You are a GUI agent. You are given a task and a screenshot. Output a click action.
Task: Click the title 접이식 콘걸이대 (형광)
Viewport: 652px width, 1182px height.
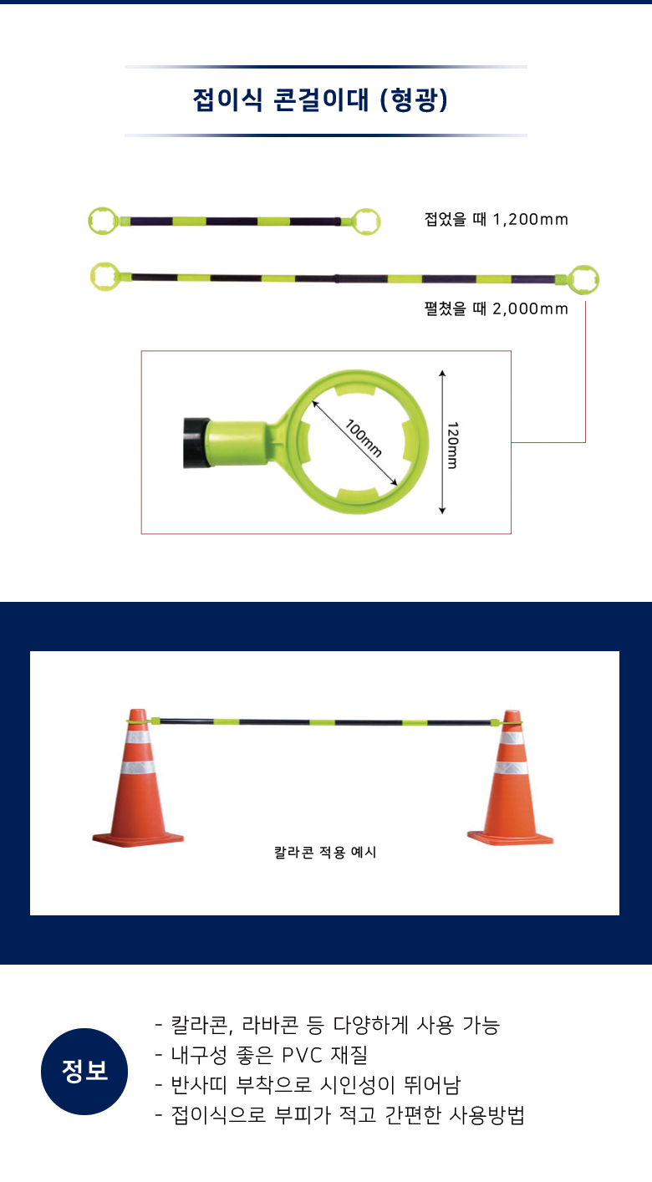[x=320, y=99]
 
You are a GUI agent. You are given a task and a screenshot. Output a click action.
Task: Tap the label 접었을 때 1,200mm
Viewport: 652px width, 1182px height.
[x=497, y=219]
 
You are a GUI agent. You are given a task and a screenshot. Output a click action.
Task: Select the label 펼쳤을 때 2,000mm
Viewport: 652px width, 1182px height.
[x=497, y=308]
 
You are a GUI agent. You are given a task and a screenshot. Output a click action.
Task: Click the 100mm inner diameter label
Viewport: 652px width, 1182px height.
[x=364, y=438]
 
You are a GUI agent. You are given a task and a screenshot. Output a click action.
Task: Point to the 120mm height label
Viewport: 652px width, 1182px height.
[x=452, y=445]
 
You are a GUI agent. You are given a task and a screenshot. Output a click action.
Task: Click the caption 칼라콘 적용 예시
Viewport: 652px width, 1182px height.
[x=325, y=852]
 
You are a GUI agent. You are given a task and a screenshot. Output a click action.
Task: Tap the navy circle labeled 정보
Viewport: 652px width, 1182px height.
[x=84, y=1072]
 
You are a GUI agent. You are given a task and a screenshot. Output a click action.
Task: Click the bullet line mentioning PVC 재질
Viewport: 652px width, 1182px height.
[x=261, y=1055]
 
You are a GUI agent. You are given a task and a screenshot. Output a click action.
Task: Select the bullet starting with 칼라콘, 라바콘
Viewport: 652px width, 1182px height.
[x=327, y=1026]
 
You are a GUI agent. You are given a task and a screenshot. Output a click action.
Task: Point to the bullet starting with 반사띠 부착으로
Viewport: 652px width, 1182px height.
[x=308, y=1085]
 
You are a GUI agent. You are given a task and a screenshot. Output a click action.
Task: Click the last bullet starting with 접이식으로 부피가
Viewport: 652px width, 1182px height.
[x=339, y=1115]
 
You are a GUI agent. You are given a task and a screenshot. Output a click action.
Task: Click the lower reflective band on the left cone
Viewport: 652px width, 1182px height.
[x=138, y=767]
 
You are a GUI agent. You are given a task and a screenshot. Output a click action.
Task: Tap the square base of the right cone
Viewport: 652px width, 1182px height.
[x=510, y=838]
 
